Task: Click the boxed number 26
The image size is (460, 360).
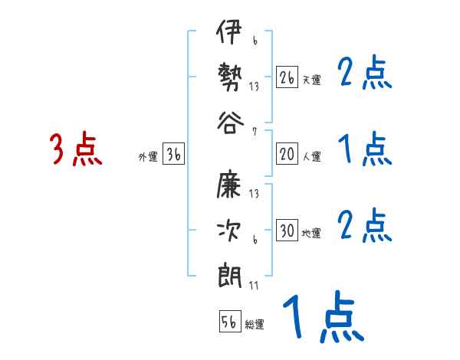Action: tap(287, 77)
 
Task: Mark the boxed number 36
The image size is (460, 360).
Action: tap(173, 154)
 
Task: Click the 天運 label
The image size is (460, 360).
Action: tap(311, 80)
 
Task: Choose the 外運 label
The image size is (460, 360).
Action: tap(147, 157)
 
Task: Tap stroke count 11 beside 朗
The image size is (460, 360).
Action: tap(254, 286)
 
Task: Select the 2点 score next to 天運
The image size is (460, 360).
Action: tap(365, 75)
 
